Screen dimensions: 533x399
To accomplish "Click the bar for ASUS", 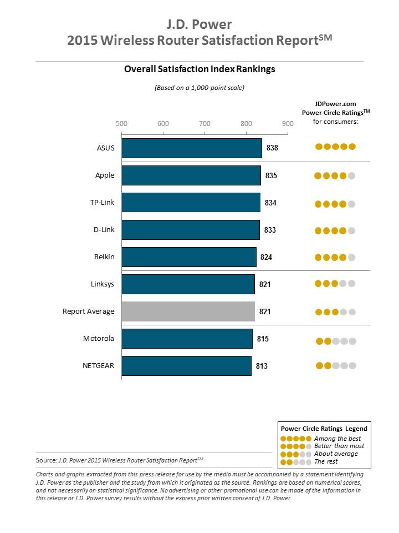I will (192, 148).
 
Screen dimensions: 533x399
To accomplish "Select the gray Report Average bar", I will (188, 311).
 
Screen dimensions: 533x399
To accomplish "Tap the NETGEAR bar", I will (186, 366).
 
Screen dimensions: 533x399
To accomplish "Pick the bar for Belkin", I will (189, 257).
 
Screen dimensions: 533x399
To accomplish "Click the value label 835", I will (271, 175).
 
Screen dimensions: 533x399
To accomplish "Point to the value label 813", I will (261, 366).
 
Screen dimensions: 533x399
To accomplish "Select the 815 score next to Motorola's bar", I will (263, 339).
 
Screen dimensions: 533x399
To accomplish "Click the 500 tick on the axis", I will (122, 123).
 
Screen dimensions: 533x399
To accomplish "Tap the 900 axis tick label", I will (287, 123).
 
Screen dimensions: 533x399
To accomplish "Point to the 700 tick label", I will (204, 123).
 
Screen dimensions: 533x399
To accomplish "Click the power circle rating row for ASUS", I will (335, 147).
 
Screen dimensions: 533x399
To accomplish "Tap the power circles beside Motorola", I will (336, 341).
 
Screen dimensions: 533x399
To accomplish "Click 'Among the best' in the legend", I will (337, 439).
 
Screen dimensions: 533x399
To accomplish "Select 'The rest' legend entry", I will (326, 461).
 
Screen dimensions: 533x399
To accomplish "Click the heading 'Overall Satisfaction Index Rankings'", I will (199, 69).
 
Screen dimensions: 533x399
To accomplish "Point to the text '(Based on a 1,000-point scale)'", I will (199, 88).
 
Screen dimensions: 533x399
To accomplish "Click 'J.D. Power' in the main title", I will (199, 24).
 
